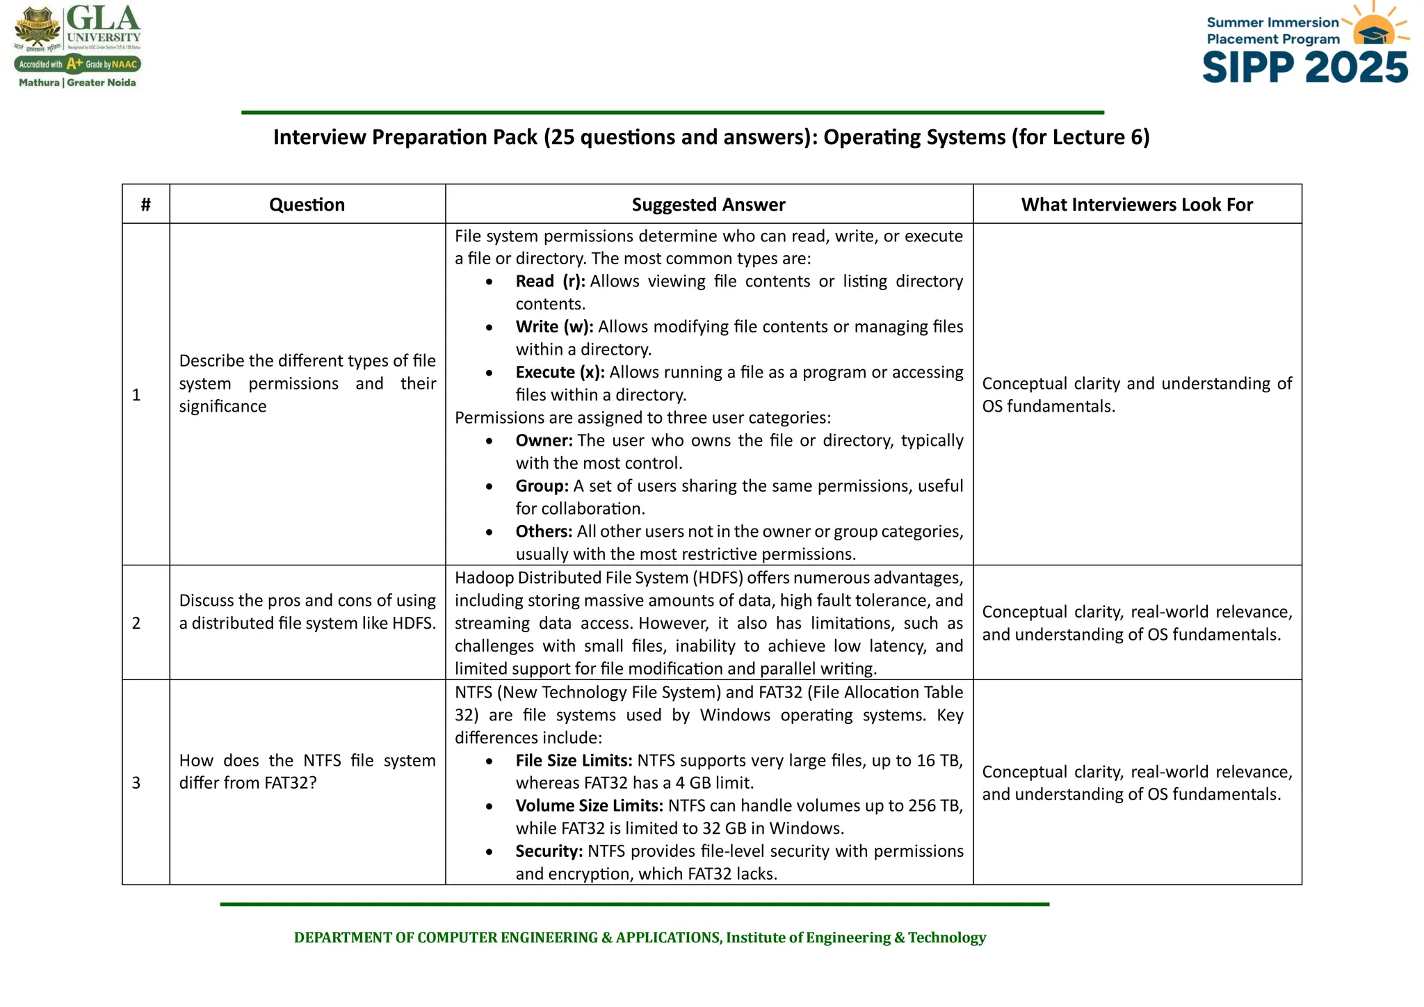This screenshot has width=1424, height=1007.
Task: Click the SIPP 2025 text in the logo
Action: click(1305, 68)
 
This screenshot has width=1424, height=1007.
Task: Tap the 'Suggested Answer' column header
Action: click(708, 204)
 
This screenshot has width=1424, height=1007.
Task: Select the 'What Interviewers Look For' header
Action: click(1136, 204)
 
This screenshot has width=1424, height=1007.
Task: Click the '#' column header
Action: click(145, 204)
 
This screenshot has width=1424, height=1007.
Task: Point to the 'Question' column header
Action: click(307, 204)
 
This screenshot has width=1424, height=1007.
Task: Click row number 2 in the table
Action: click(136, 623)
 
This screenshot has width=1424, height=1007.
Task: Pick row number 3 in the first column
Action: click(136, 783)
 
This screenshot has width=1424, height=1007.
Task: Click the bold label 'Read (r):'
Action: click(550, 281)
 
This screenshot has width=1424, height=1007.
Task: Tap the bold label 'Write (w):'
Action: click(554, 327)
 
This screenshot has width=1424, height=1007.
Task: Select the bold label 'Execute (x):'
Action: click(560, 372)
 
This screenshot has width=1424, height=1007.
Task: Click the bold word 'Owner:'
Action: click(544, 440)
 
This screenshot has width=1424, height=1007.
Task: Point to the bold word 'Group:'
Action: click(542, 486)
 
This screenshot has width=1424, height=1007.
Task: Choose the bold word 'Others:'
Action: click(544, 531)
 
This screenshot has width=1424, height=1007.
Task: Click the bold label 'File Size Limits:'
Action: click(574, 760)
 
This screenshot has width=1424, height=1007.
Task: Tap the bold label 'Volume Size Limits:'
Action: click(589, 805)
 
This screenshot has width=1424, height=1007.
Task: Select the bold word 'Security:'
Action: click(549, 851)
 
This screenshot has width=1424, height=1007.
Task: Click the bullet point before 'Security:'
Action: click(489, 852)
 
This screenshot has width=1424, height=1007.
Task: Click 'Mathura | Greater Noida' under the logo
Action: click(77, 83)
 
